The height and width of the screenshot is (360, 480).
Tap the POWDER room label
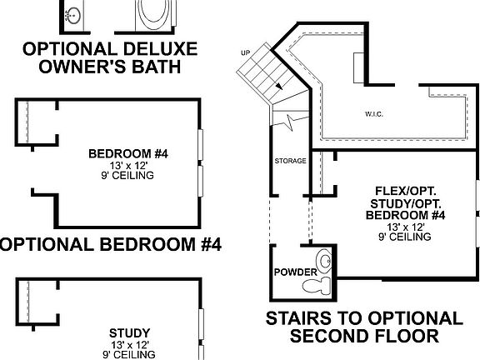pos(295,272)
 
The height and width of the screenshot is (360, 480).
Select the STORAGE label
pos(290,160)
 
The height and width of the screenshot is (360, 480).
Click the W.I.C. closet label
pos(373,113)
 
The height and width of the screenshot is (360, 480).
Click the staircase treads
pos(260,70)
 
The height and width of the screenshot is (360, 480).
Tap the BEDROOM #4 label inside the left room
pos(128,154)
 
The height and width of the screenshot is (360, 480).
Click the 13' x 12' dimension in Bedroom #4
pos(128,166)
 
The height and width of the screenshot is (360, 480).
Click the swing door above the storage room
pos(286,124)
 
